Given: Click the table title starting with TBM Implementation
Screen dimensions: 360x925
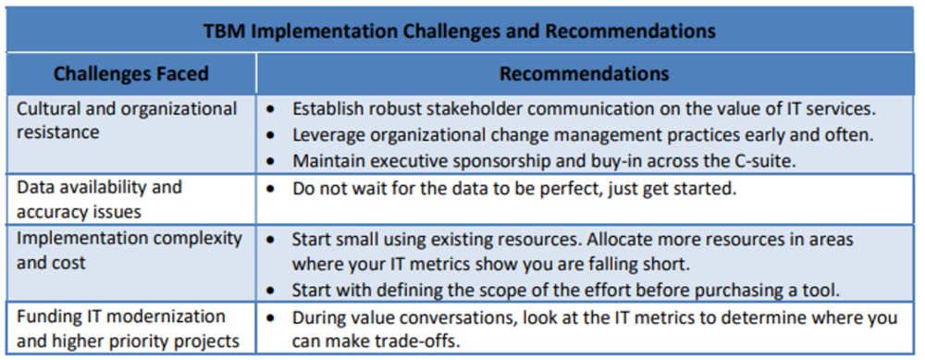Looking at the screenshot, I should pos(459,31).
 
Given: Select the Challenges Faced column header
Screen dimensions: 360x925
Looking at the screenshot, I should pos(130,74).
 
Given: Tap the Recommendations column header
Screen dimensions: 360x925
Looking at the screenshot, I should pos(585,74).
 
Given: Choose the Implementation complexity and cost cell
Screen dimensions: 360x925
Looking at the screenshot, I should pos(129,250).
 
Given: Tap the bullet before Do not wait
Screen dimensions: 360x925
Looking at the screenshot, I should pos(270,187).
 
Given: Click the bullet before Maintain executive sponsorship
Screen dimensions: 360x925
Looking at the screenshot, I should pos(270,160).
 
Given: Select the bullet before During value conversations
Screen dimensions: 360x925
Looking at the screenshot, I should pos(270,317).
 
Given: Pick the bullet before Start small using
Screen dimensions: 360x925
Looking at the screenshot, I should pos(270,239).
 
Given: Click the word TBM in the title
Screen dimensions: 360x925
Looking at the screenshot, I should pos(224,31).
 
